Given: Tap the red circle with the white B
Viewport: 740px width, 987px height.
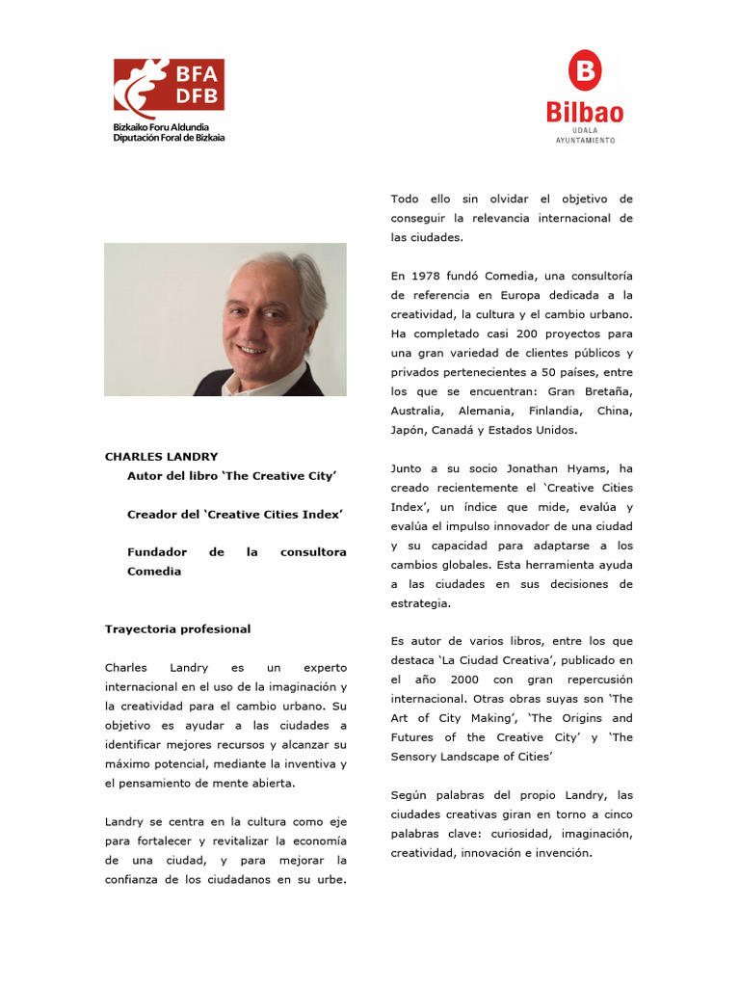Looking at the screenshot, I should tap(584, 71).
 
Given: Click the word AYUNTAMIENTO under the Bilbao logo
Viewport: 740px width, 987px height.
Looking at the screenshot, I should tap(585, 140).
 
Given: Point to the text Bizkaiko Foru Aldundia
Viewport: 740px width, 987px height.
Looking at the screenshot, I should tap(161, 127).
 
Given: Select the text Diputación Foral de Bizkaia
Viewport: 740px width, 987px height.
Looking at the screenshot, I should tap(169, 138).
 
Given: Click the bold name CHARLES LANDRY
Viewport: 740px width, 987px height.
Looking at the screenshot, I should tap(161, 456).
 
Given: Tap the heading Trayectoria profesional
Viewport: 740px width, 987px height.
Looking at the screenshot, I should tap(177, 628).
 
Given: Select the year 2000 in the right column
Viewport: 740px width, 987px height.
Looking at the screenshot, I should tap(464, 679).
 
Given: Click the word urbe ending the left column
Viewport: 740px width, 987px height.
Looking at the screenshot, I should tap(330, 879).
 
